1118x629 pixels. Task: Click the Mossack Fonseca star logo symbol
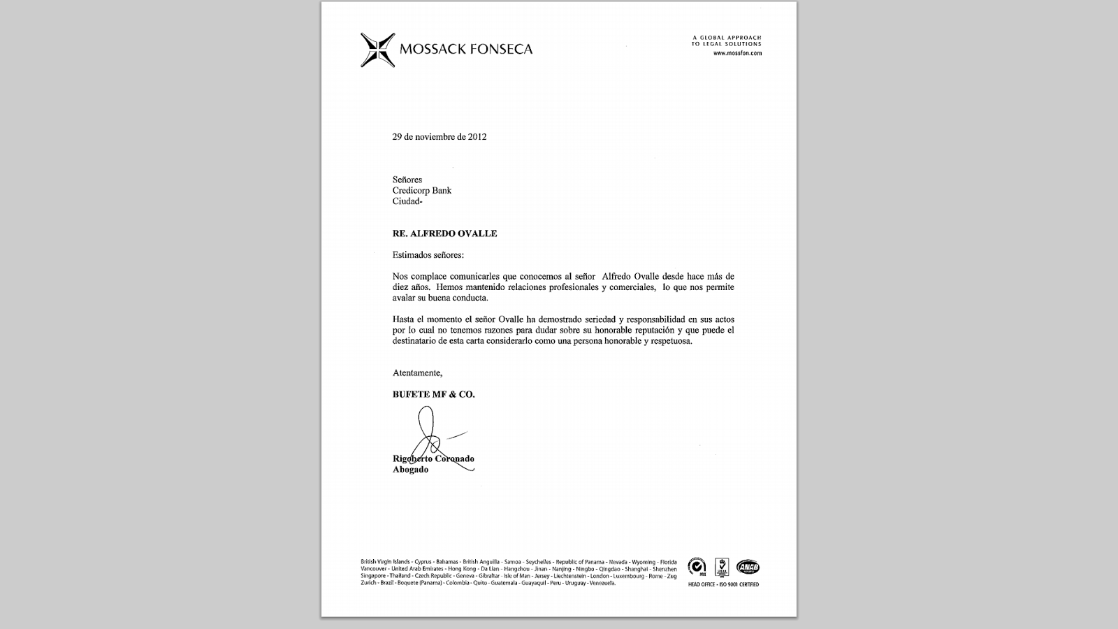(x=377, y=50)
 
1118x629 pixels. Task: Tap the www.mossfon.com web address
(x=737, y=53)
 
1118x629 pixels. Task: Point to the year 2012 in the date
(x=477, y=137)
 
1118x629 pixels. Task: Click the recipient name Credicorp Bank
(x=421, y=191)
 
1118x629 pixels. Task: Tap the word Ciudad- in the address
(x=407, y=201)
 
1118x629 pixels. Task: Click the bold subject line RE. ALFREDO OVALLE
(x=444, y=233)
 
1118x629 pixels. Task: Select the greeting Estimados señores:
(x=428, y=255)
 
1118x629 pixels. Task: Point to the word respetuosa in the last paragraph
(x=670, y=341)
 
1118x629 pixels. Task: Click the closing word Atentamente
(x=417, y=373)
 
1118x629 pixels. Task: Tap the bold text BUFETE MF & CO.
(x=433, y=394)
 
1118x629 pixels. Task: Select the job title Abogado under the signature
(x=410, y=470)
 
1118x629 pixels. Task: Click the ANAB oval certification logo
(x=747, y=567)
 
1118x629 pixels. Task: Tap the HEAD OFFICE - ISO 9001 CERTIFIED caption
(x=723, y=584)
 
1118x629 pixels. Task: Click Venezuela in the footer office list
(x=602, y=583)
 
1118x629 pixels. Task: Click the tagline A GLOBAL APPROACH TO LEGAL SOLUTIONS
(x=726, y=41)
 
